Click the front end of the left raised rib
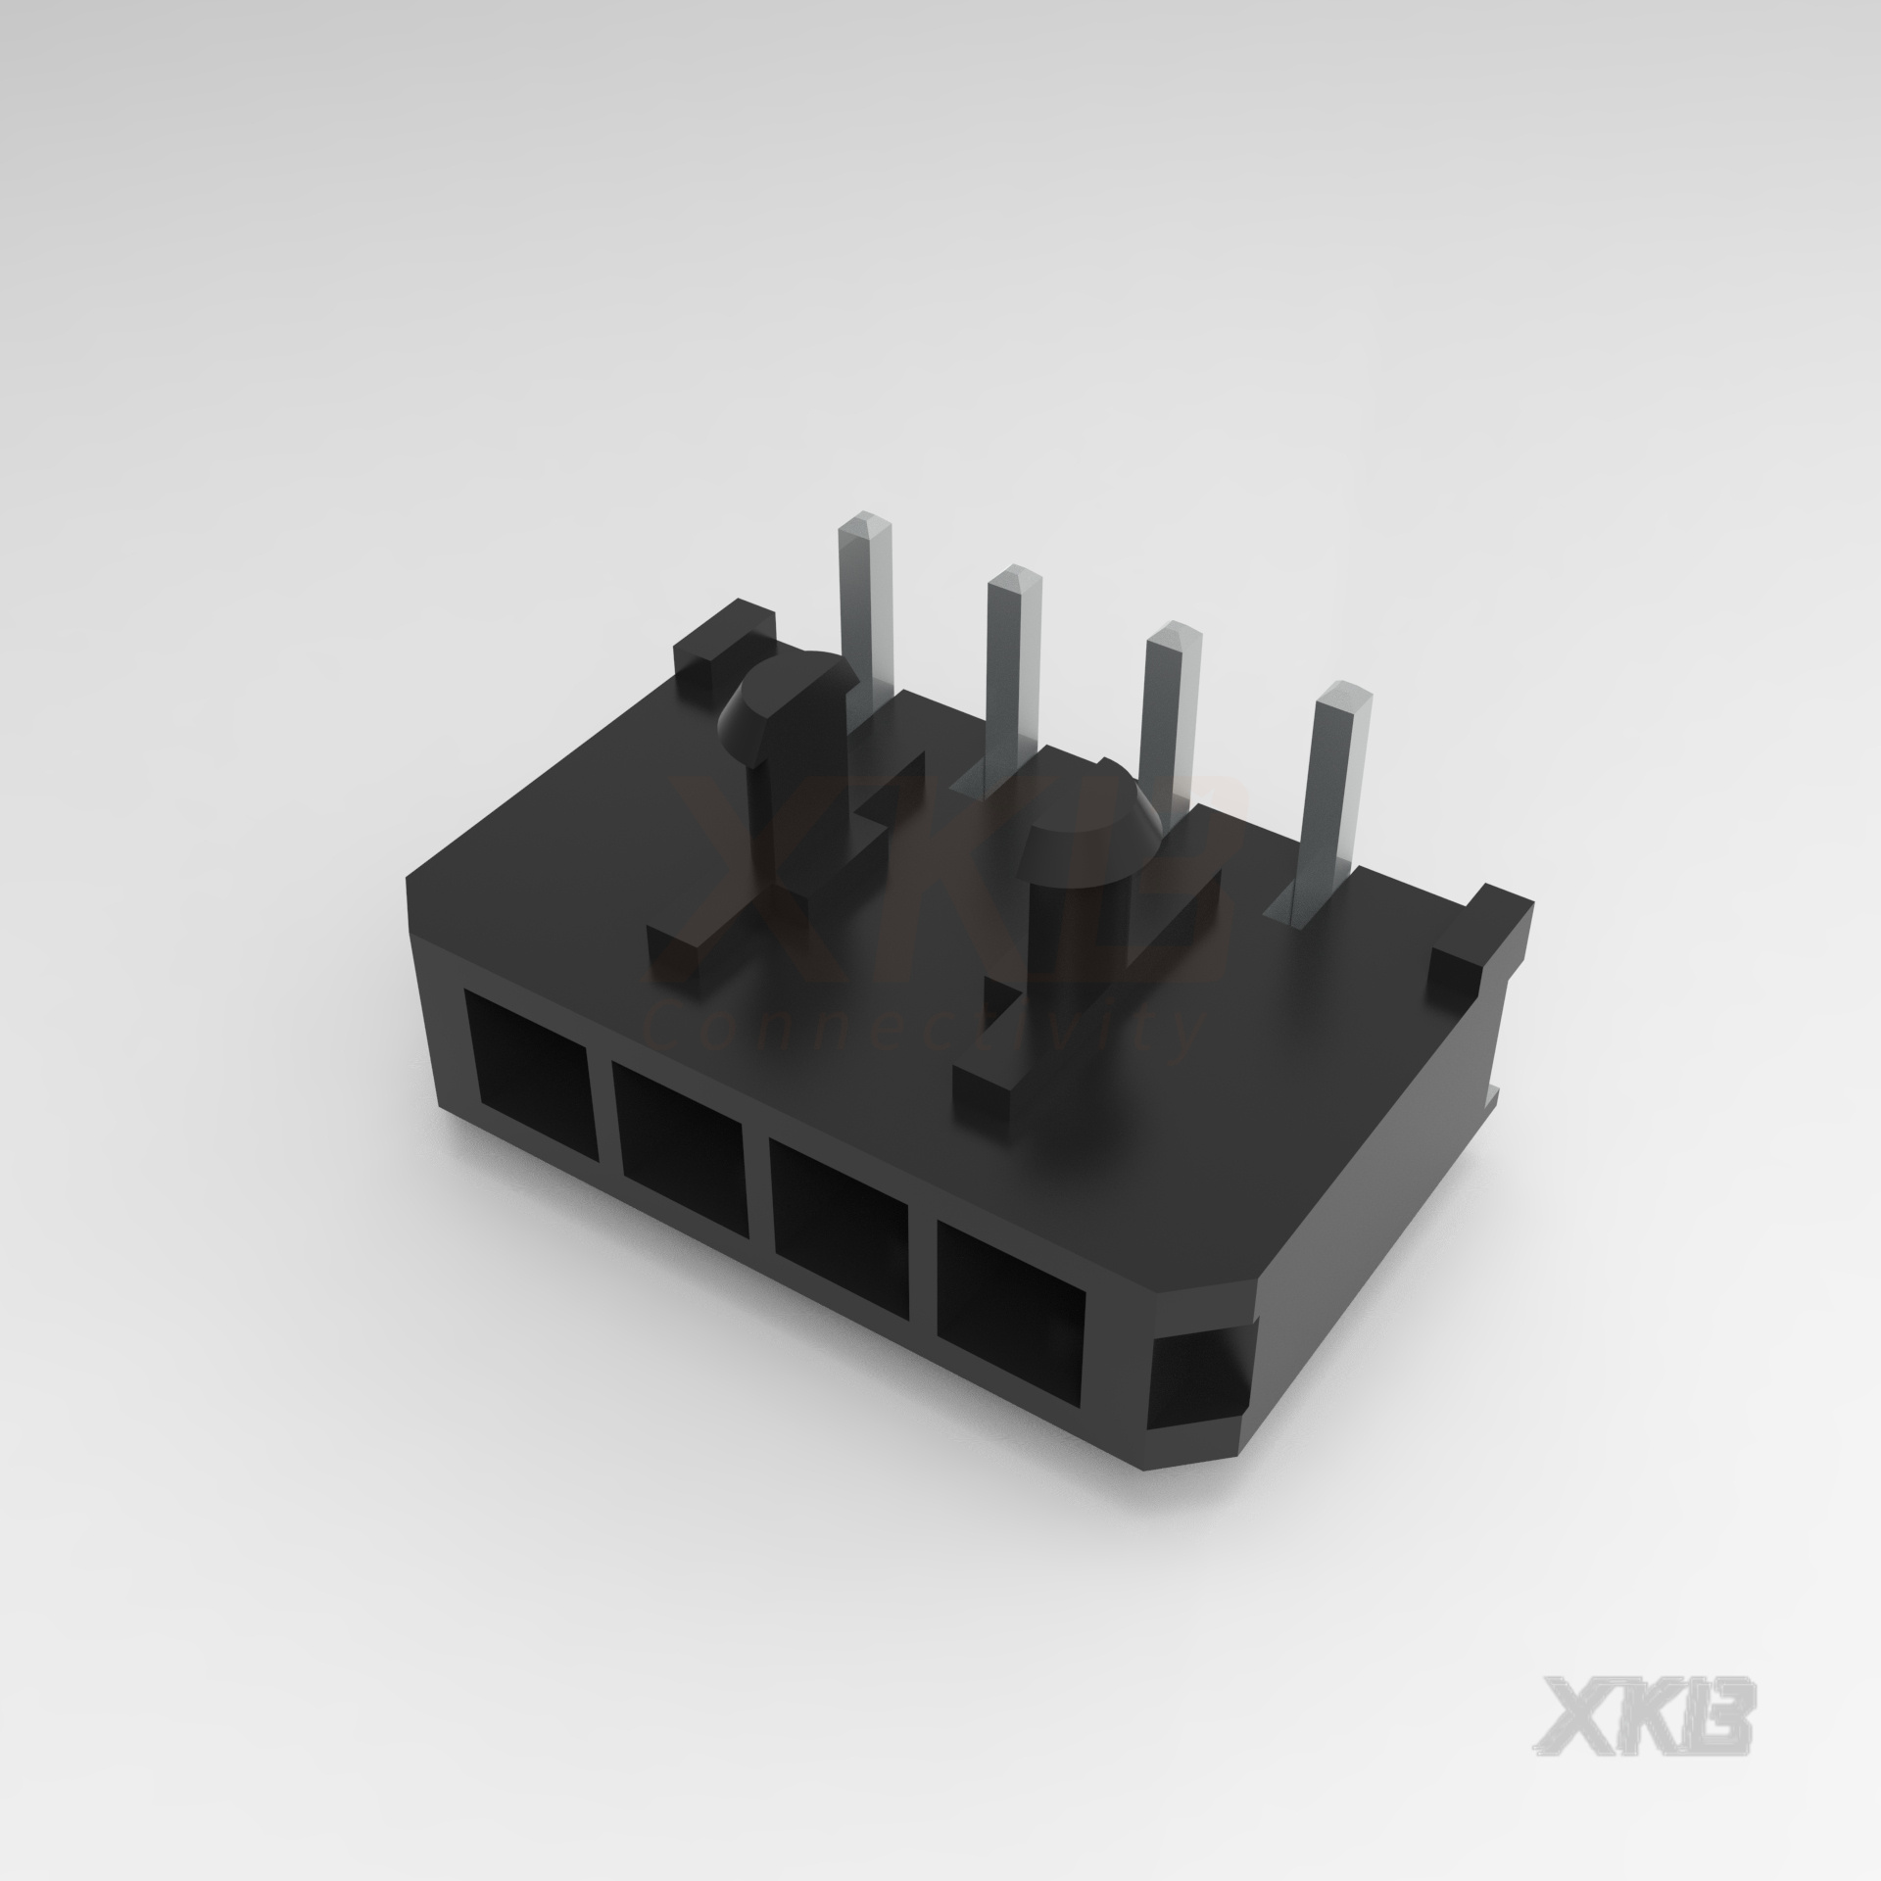click(678, 942)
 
